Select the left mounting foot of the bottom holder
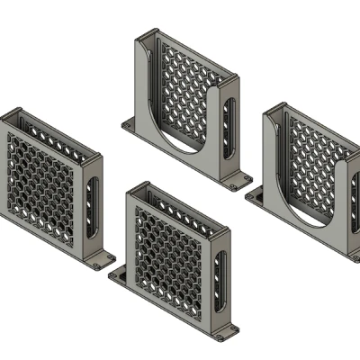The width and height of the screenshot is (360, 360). click(118, 273)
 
